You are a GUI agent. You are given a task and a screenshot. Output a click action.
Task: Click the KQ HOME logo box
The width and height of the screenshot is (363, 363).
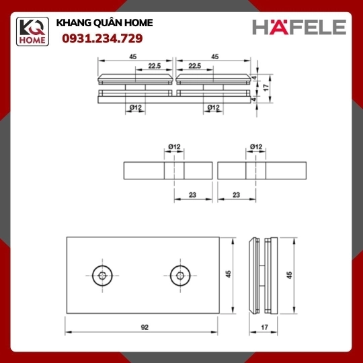coord(32,32)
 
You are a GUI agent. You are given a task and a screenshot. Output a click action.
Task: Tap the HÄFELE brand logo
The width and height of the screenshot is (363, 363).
coord(299,27)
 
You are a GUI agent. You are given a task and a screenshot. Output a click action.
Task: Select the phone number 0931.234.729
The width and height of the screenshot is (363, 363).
coord(102,38)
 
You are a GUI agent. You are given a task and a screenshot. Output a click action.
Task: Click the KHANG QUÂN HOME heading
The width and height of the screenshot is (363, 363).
coord(104,23)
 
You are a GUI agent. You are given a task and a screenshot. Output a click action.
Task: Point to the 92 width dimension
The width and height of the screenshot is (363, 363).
coord(145,327)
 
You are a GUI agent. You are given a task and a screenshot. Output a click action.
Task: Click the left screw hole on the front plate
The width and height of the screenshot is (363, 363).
coord(102,276)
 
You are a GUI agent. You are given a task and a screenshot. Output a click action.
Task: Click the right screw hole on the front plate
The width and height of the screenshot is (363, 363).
coord(180,276)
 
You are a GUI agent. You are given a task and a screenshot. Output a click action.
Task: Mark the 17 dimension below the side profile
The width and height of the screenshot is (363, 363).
coord(264,327)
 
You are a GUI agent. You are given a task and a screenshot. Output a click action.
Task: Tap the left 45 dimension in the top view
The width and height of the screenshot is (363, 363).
coord(133,56)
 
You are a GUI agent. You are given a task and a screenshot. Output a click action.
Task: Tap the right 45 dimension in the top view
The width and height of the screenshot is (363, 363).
coord(215,56)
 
